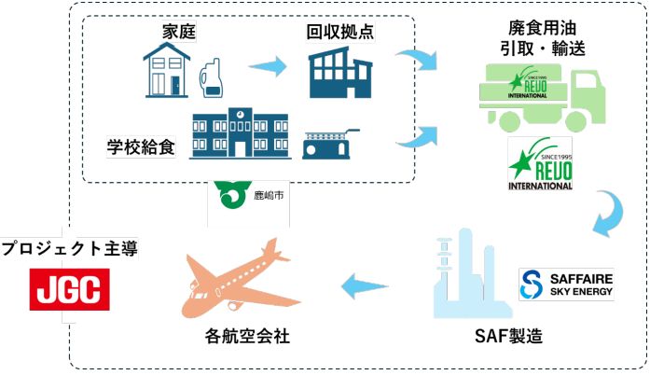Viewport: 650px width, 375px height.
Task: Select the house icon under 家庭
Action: [165, 72]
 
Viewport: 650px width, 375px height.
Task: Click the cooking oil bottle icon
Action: [213, 75]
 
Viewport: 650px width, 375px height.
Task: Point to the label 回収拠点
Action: [340, 32]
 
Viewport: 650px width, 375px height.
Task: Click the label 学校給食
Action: [141, 146]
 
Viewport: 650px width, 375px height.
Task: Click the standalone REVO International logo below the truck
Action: [540, 164]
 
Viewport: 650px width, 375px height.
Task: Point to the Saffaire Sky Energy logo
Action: [567, 285]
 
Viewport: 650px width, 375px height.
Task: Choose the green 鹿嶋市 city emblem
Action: [228, 196]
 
